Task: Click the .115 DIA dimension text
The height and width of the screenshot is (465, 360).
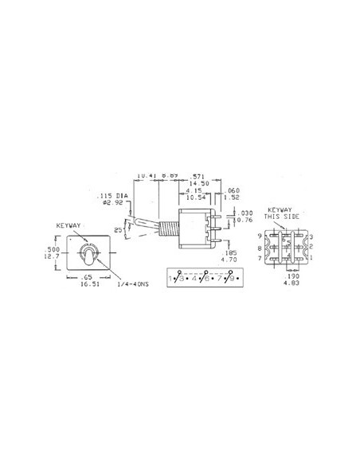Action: tap(112, 194)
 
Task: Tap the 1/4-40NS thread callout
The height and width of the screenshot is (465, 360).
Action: tap(133, 284)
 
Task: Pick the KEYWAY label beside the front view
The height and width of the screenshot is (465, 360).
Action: tap(69, 225)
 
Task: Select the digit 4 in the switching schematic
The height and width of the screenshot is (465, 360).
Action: tap(194, 279)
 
